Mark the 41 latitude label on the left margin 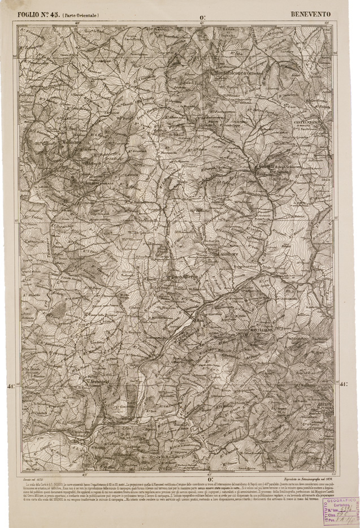click(10, 386)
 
